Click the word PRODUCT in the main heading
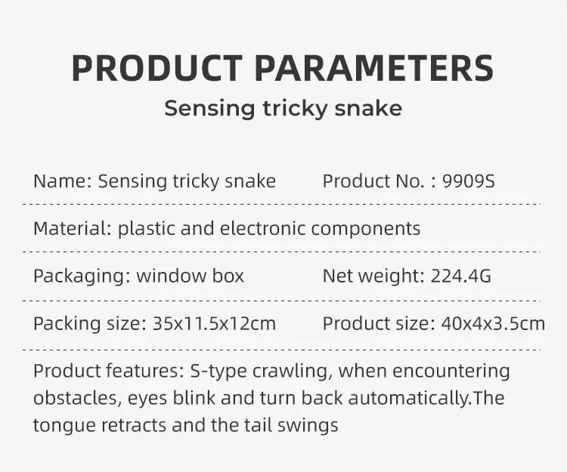coord(157,68)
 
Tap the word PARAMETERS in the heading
coord(374,68)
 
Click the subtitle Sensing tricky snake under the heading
coord(283,108)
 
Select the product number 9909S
coord(468,181)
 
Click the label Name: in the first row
coord(63,181)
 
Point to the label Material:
coord(73,229)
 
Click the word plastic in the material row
coord(147,230)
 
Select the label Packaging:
coord(82,276)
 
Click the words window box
coord(191,276)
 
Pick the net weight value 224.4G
coord(461,276)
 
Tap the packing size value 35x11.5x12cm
coord(215,323)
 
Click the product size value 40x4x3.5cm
coord(493,323)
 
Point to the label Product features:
coord(109,371)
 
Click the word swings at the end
coord(308,426)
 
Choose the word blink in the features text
coord(194,397)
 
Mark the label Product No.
coord(373,181)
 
